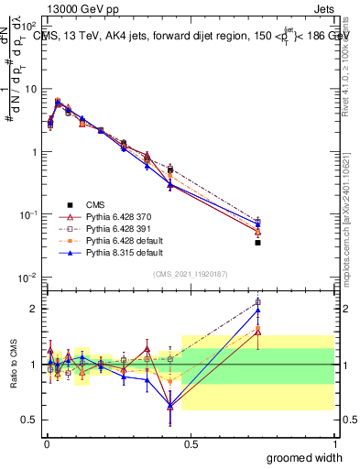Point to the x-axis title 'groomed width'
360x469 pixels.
(306, 457)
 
